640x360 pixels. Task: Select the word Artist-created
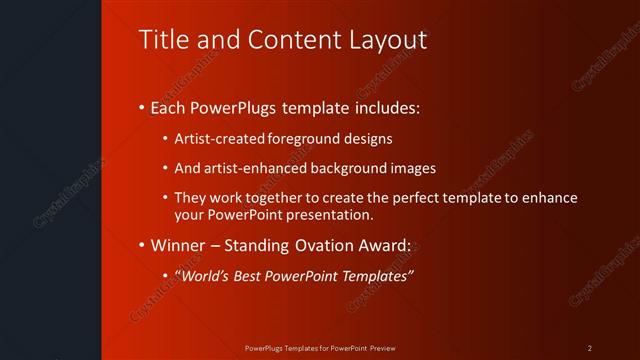pyautogui.click(x=215, y=139)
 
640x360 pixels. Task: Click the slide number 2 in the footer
pyautogui.click(x=590, y=348)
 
